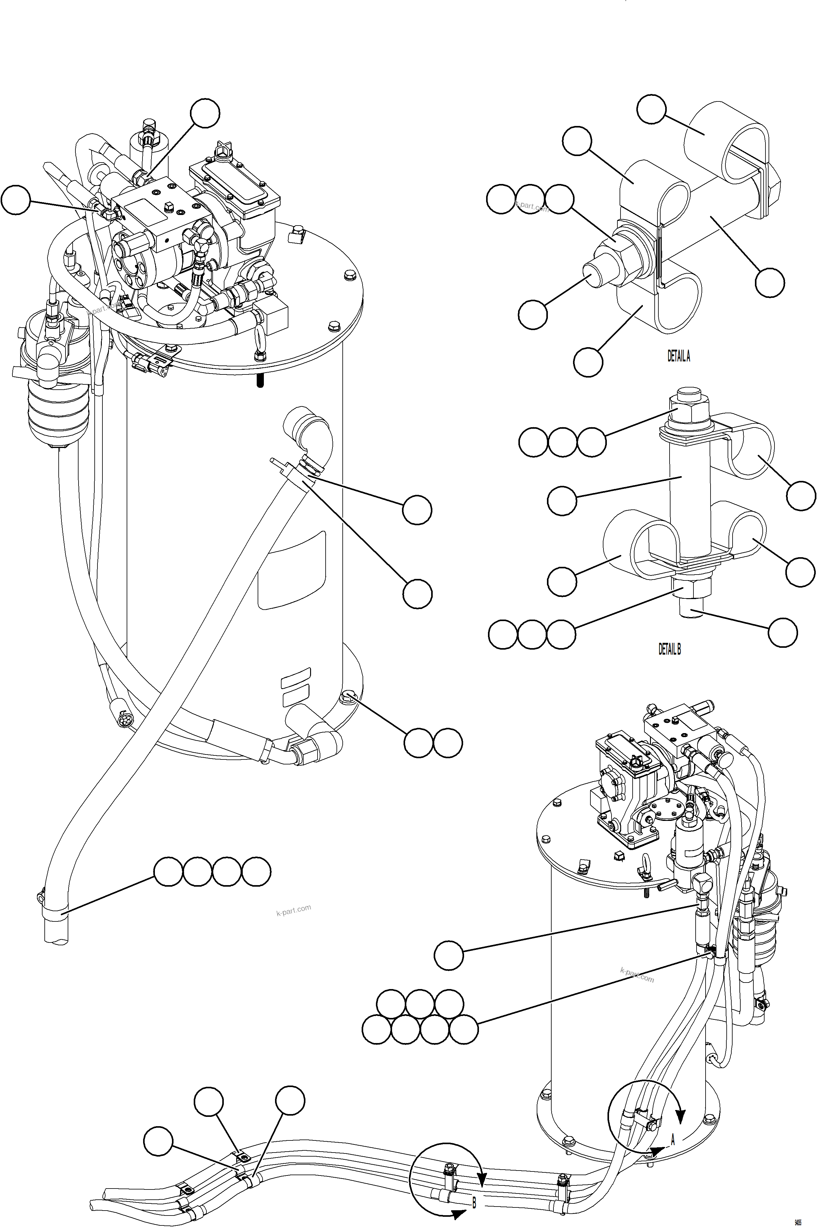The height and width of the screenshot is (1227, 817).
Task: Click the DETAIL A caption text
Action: (679, 356)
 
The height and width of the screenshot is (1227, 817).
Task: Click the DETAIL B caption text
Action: (670, 649)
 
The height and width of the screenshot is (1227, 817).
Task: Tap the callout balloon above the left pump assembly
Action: (205, 113)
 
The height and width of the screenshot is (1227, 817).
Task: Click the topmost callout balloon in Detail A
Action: (651, 110)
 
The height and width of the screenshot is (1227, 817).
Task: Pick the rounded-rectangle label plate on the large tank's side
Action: (292, 570)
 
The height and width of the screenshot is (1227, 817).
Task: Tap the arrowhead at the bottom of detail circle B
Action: (458, 1215)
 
